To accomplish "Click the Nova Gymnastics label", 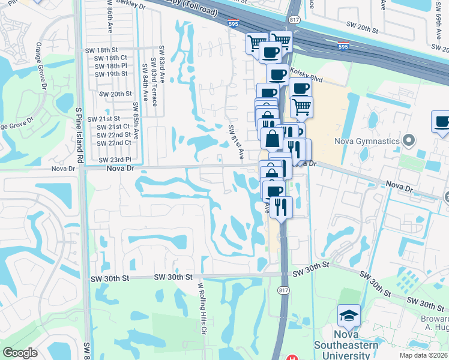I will pos(367,141).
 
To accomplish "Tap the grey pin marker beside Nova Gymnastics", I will pos(409,141).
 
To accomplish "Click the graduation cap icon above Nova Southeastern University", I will pos(348,315).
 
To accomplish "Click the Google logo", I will pos(20,353).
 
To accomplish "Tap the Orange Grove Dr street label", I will pos(40,64).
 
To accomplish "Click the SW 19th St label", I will pos(112,74).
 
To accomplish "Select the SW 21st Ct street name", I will pos(114,127).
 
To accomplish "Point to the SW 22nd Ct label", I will pos(114,143).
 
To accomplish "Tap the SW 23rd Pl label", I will pos(115,159).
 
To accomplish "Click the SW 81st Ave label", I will pos(235,142).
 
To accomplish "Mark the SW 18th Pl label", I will pos(112,65).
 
